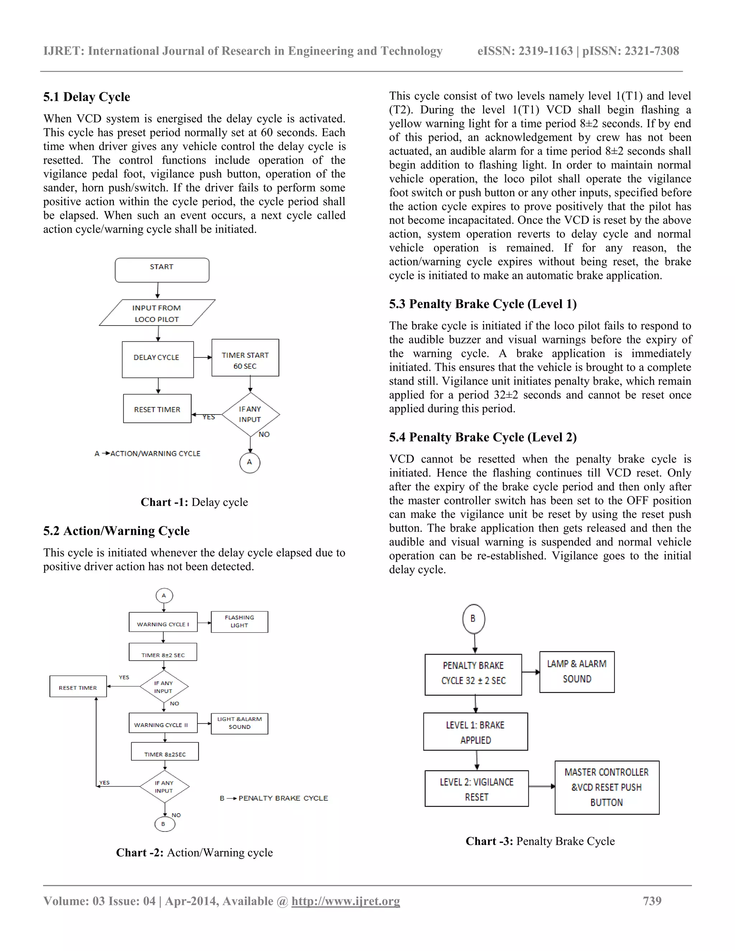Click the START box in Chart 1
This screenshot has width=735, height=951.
click(162, 270)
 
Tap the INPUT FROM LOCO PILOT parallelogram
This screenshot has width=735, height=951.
click(157, 313)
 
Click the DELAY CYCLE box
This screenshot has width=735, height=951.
click(158, 359)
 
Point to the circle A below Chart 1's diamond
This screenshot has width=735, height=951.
click(249, 463)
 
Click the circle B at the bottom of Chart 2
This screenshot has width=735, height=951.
click(165, 824)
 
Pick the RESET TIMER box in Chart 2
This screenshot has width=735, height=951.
click(78, 686)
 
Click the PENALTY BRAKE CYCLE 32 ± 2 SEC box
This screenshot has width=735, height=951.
click(473, 675)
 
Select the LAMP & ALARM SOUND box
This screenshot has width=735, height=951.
click(576, 672)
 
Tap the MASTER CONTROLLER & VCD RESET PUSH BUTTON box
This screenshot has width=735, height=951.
click(607, 787)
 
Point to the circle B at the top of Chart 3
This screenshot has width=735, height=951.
click(473, 619)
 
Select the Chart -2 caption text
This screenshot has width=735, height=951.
click(194, 853)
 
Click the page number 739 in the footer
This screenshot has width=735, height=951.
click(652, 901)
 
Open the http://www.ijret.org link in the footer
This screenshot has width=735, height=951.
click(345, 901)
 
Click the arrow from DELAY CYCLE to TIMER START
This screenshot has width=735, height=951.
click(202, 357)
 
